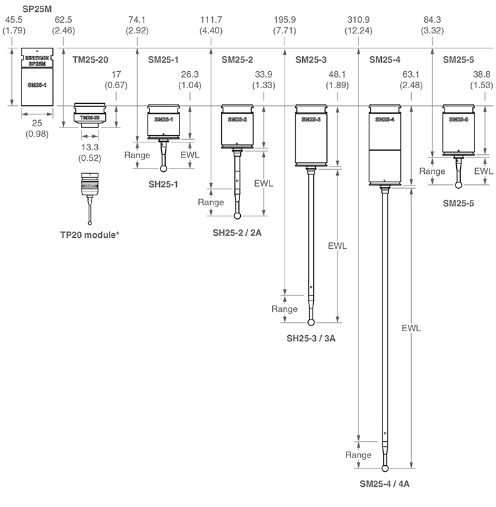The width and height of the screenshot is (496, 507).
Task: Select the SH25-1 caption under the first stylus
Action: coord(164,185)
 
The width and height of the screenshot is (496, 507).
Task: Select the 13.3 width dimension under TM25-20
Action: coord(90,148)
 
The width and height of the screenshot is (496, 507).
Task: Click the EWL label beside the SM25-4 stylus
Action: coord(412,327)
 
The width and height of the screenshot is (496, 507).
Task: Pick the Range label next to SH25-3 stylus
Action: coord(285,308)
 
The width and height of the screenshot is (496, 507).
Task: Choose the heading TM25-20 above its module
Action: coord(90,59)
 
